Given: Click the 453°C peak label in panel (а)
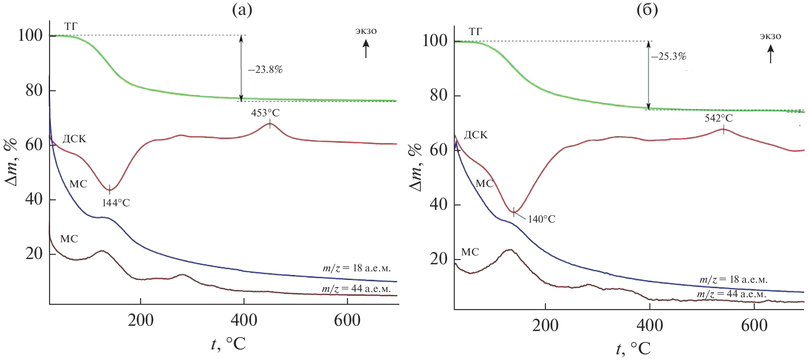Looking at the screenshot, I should coord(265,113).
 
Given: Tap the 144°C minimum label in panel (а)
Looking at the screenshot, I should coord(116,203).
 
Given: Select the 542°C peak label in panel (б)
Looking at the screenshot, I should coord(719,118).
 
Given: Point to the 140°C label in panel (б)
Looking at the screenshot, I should coord(542,219).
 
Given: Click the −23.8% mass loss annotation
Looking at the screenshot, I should coord(265,70).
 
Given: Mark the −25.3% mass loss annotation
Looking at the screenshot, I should coord(668,57).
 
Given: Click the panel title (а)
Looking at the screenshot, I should coord(242,10).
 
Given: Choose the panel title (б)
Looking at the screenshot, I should coord(647,10).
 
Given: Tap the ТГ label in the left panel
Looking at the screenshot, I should coord(71,26).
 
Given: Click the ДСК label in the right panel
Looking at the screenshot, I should coord(476,135).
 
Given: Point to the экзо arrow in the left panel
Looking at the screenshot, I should coord(366,48).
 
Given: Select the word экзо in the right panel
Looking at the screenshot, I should coord(770,36).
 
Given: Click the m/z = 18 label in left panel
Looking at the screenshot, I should coord(357,268).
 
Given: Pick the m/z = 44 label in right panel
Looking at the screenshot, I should coord(732,294).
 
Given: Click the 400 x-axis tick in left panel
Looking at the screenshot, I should coord(244,320).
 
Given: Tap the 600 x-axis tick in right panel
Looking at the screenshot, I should coord(754,325).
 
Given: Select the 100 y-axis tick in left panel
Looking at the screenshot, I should coord(30,35).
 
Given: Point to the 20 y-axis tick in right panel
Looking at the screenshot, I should coord(439,259).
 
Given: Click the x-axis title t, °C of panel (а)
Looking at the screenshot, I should coord(228,344).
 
